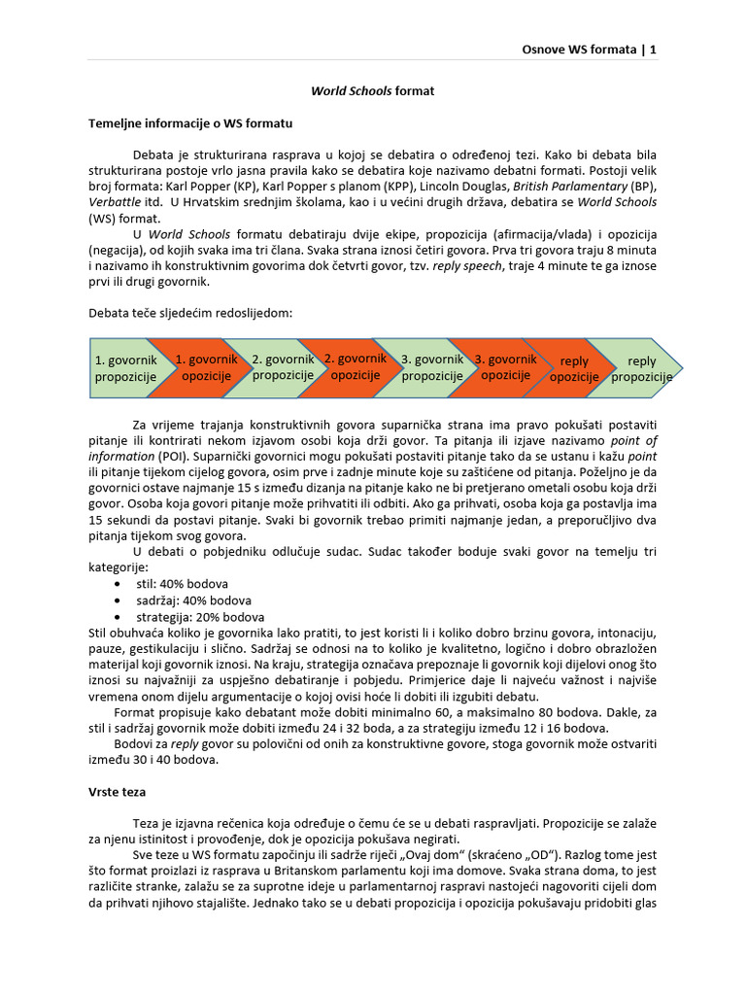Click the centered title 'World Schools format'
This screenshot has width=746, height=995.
click(372, 91)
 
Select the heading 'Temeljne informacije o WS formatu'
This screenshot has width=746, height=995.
click(190, 123)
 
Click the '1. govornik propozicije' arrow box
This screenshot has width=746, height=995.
click(125, 368)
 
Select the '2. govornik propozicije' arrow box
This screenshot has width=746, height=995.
click(283, 367)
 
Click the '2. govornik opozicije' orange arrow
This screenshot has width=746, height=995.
click(356, 366)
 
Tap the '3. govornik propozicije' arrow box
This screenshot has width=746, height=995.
click(432, 366)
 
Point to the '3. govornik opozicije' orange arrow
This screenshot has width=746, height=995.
click(506, 366)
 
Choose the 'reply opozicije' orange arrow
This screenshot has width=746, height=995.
click(574, 369)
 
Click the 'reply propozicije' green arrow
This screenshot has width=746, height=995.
click(642, 369)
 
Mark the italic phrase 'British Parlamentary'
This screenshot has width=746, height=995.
click(569, 186)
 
